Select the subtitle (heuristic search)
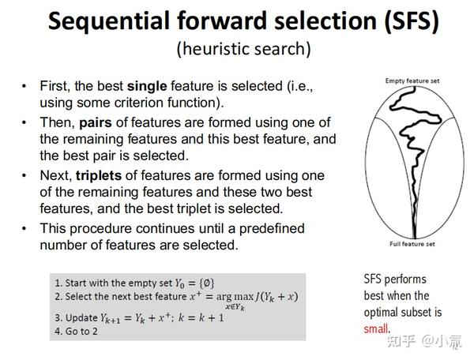coord(243,48)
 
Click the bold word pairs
coord(96,122)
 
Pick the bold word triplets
coord(103,175)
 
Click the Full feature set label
coord(411,243)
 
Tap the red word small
coord(377,328)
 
